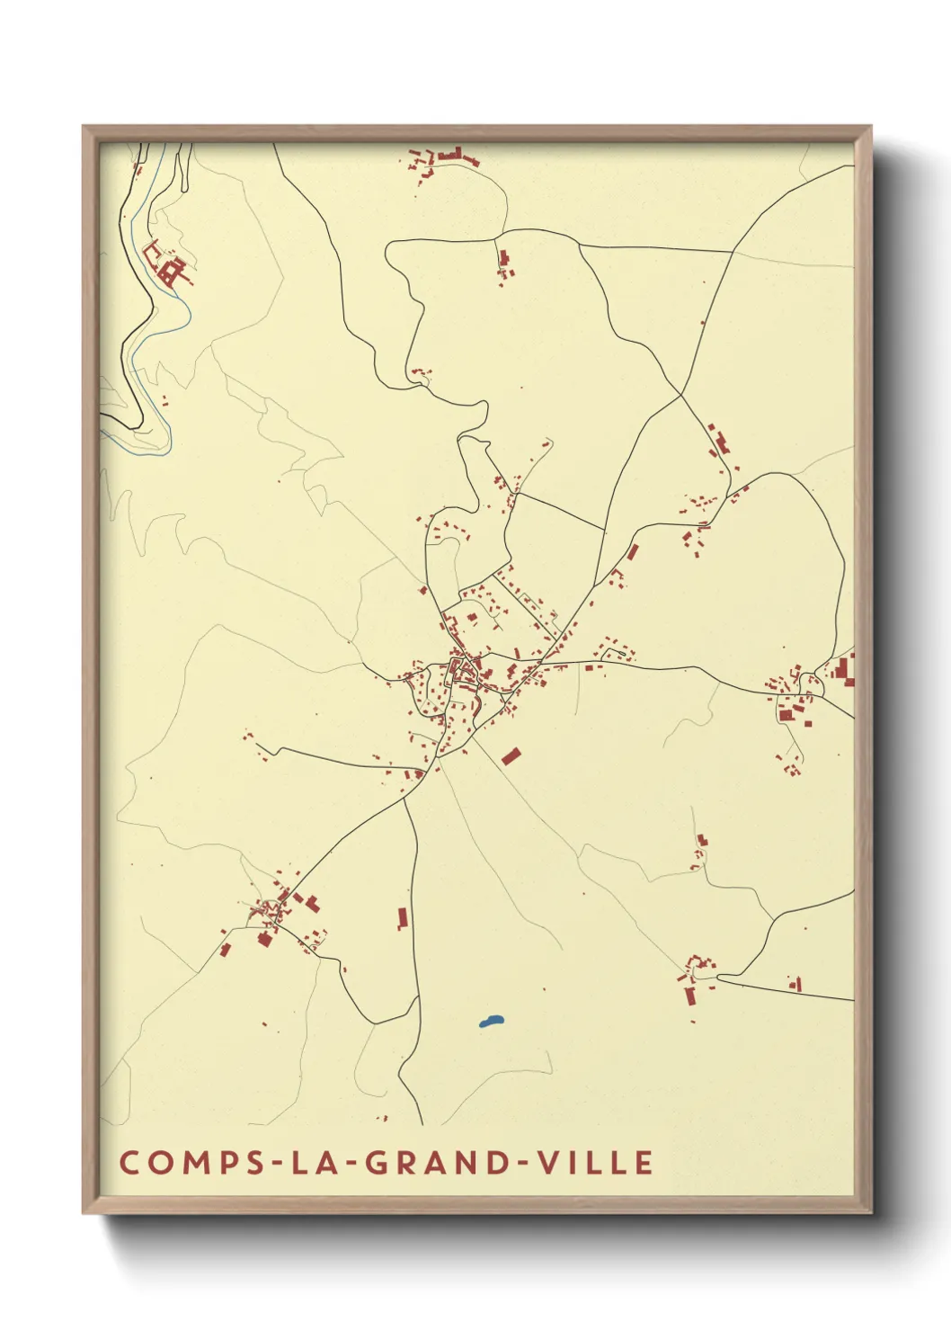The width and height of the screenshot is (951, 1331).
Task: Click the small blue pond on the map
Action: pos(491,1022)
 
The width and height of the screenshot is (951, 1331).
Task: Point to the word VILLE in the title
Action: pos(595,1162)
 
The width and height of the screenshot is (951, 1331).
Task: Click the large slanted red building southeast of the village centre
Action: pos(511,756)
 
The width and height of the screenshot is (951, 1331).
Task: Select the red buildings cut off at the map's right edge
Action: pos(844,671)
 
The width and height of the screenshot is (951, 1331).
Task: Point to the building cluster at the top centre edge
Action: pos(445,159)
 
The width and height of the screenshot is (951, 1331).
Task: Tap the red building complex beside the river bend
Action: pos(169,265)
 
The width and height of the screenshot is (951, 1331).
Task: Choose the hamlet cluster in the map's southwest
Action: pos(279,913)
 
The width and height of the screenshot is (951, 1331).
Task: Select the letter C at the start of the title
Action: pos(128,1162)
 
